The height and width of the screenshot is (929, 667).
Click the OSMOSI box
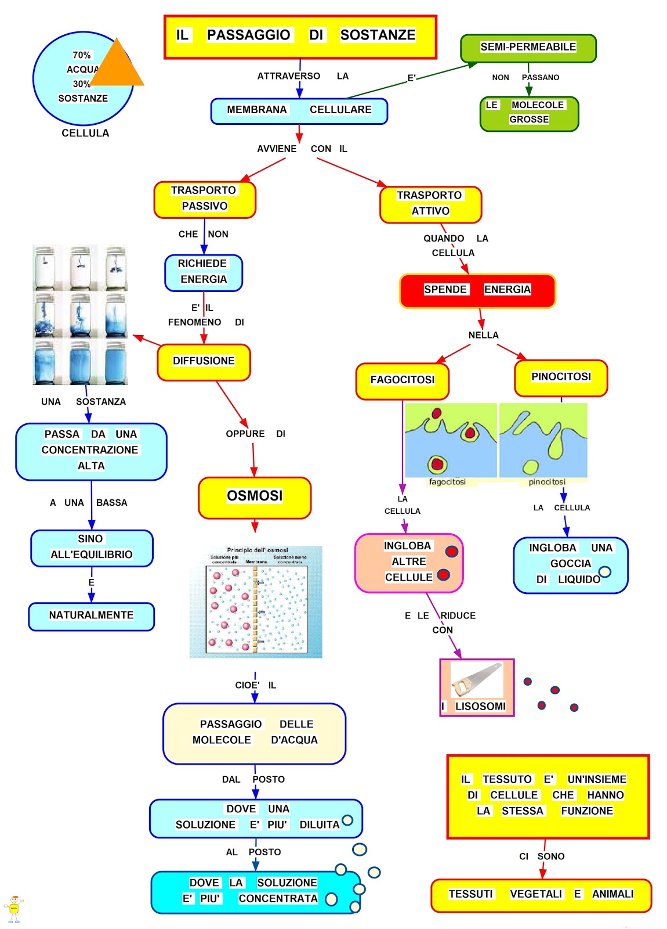255,498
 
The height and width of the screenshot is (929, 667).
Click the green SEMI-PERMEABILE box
528,48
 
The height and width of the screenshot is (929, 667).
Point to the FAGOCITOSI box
402,381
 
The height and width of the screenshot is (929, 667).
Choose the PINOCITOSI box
561,378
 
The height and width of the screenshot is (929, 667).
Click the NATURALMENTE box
91,616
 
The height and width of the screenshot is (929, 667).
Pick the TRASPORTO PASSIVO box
204,199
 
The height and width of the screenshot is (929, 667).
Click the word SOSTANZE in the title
378,35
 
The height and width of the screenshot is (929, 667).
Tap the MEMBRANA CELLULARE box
299,111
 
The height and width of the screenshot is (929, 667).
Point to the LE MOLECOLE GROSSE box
528,113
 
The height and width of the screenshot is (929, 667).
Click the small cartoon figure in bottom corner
14,909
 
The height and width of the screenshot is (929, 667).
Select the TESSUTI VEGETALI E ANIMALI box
541,895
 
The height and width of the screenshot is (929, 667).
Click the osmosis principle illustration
256,602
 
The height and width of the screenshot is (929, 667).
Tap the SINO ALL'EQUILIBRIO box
92,548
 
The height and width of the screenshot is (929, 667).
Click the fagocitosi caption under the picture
447,482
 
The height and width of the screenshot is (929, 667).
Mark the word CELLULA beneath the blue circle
85,134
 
